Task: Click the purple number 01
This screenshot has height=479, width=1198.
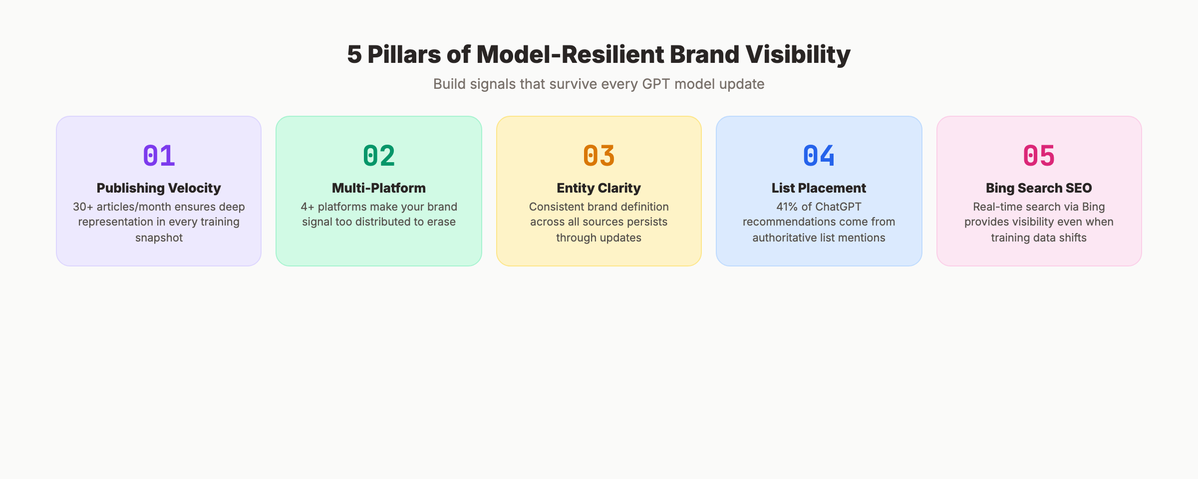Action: click(159, 156)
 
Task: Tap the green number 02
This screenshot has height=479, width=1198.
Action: click(379, 156)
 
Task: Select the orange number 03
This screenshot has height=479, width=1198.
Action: click(599, 156)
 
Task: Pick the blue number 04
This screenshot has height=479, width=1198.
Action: click(819, 156)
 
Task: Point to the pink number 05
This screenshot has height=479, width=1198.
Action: click(1039, 156)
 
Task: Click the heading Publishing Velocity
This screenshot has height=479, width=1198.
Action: click(159, 188)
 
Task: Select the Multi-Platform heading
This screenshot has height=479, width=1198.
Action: click(379, 188)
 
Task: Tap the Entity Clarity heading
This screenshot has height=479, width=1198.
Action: click(599, 188)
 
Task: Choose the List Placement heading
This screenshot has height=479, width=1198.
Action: click(819, 188)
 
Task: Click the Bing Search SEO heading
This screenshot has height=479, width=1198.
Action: click(1039, 188)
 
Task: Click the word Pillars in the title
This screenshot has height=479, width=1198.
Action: click(404, 54)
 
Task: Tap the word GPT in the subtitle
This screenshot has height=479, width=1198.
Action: click(656, 84)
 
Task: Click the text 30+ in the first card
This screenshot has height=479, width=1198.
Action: click(83, 207)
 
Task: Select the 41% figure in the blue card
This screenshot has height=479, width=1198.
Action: click(787, 207)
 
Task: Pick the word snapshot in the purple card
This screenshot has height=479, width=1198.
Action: click(159, 238)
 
